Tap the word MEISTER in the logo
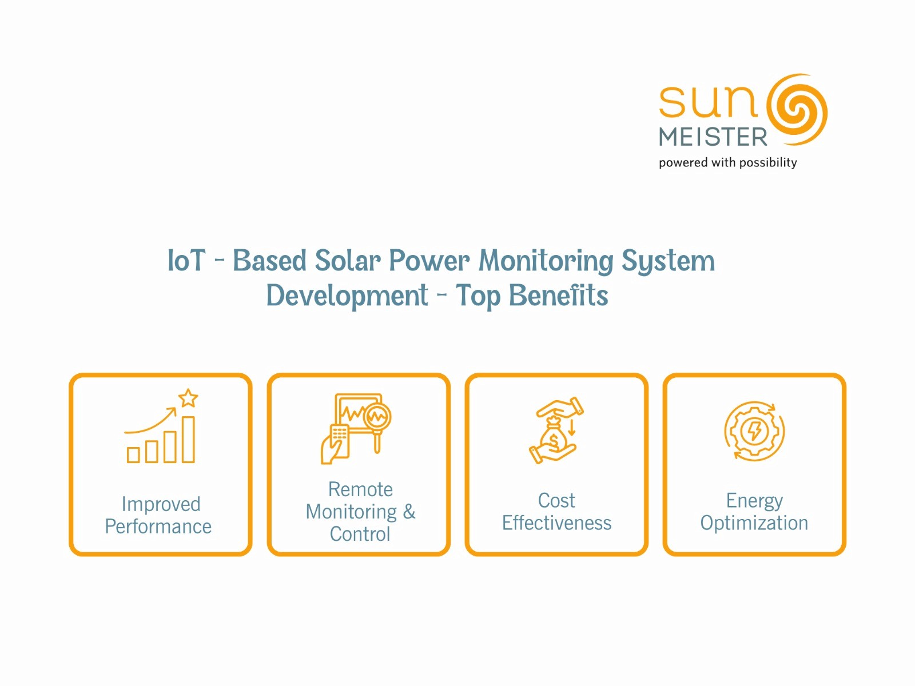click(x=713, y=137)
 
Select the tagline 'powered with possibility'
click(x=728, y=162)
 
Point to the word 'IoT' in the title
click(x=186, y=260)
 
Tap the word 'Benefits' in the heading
click(x=559, y=296)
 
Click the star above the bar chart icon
click(x=188, y=398)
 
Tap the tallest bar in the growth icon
click(x=188, y=440)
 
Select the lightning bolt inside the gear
click(x=754, y=431)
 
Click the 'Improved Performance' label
click(x=158, y=515)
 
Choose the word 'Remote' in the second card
click(x=361, y=489)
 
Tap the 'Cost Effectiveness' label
click(x=556, y=512)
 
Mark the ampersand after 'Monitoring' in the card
click(x=409, y=512)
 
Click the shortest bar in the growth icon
click(x=133, y=455)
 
